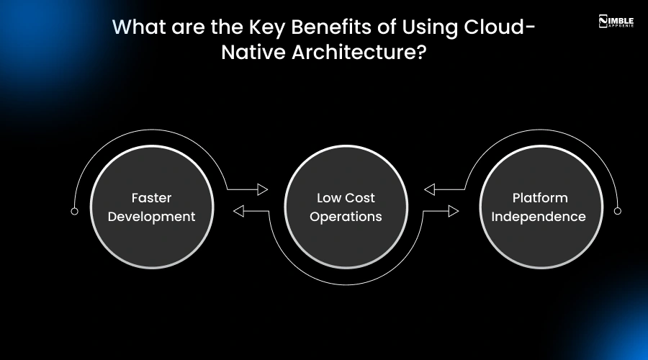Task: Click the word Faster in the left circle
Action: pyautogui.click(x=151, y=198)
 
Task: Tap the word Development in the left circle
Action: pyautogui.click(x=151, y=217)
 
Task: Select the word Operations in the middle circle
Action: pyautogui.click(x=346, y=217)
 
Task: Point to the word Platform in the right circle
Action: pyautogui.click(x=540, y=198)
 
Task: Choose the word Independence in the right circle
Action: pyautogui.click(x=540, y=217)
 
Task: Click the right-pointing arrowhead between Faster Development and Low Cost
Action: pyautogui.click(x=263, y=189)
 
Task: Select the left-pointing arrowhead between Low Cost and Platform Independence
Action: pyautogui.click(x=429, y=189)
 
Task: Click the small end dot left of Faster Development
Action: pyautogui.click(x=74, y=212)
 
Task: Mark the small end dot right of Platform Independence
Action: pyautogui.click(x=617, y=211)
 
